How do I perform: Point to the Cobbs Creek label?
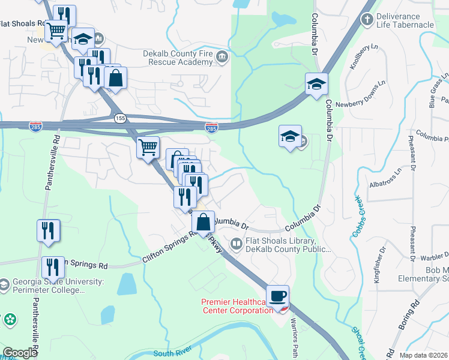[x=358, y=217]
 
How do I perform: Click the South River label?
[x=171, y=353]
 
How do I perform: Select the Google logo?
[x=20, y=353]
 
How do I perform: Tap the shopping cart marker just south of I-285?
[x=148, y=146]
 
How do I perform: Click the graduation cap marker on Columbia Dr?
[x=316, y=84]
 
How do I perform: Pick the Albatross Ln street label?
[x=385, y=181]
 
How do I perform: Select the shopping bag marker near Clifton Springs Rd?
[x=203, y=222]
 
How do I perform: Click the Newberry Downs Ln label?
[x=362, y=95]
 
